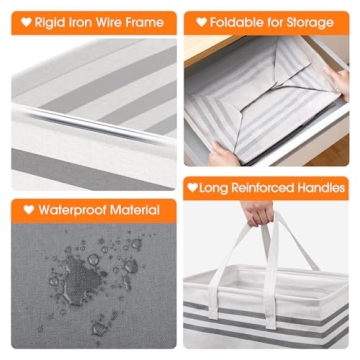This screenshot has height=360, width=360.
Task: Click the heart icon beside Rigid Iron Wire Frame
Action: coord(26,22)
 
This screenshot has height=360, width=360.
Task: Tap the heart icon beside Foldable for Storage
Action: coord(201,22)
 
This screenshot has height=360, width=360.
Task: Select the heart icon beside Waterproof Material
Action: coord(29,210)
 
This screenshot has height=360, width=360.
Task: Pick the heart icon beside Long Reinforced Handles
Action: coord(192,187)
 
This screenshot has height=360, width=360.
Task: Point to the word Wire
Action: coord(109,22)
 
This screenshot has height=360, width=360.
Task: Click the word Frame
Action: coord(145,22)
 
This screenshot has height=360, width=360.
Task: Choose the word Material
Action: coord(135,210)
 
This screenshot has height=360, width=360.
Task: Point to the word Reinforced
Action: coord(263,188)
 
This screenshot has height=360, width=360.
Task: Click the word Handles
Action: coord(321,188)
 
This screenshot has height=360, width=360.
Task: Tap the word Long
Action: coord(214,188)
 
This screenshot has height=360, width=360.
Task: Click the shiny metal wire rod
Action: coord(93,124)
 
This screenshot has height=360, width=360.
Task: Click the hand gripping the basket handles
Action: coord(257,213)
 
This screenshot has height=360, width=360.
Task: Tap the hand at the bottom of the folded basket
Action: coord(224,154)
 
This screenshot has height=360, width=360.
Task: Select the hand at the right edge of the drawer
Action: coord(337,82)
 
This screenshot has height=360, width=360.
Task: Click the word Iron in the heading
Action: coord(77,22)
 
